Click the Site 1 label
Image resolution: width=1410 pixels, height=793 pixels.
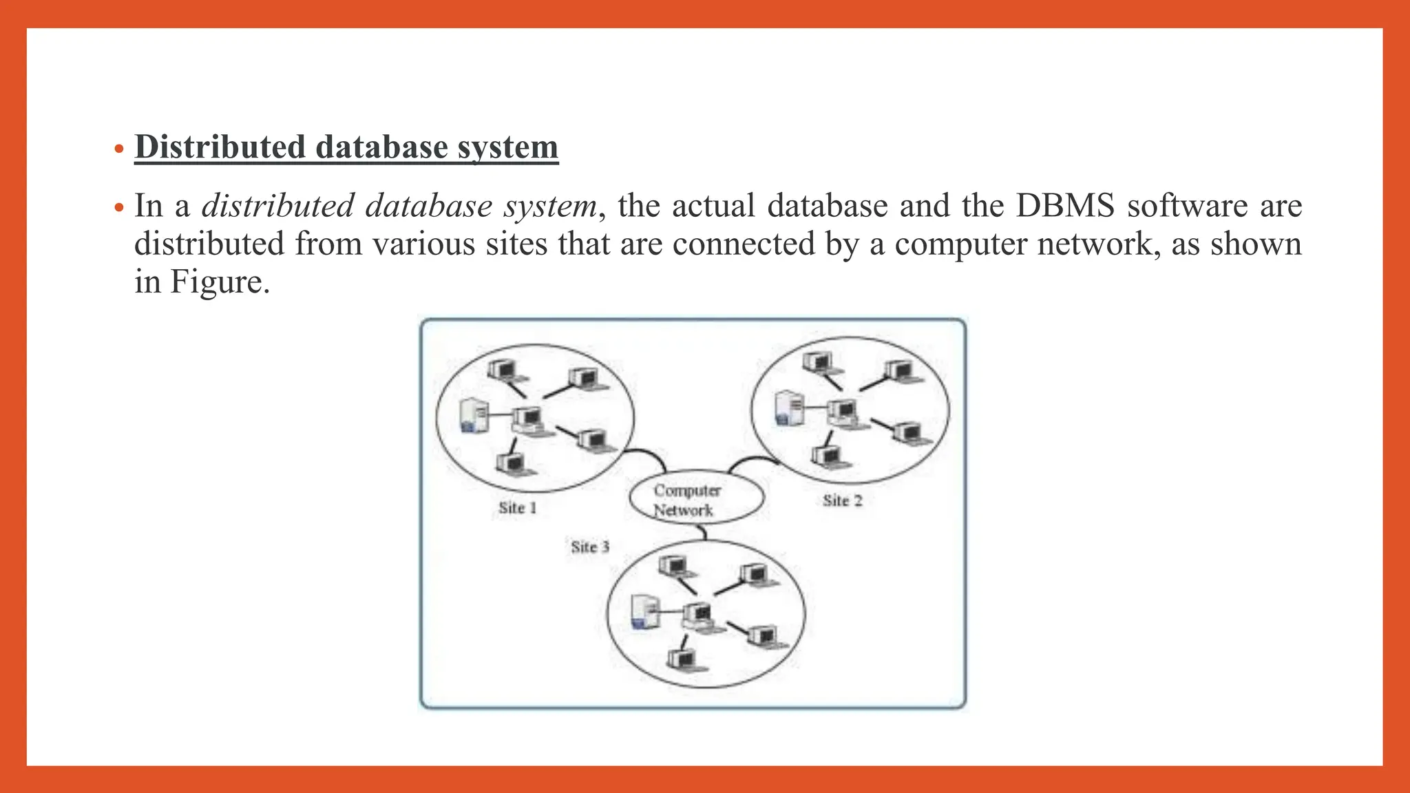click(517, 508)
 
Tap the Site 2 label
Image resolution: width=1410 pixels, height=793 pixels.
click(842, 500)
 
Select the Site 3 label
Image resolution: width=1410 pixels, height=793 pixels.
click(590, 547)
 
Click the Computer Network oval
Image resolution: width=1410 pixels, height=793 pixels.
click(696, 499)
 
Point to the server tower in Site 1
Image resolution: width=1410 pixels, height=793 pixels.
click(474, 415)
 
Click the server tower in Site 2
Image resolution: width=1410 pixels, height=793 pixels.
click(788, 408)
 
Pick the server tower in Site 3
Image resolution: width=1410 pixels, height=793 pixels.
click(644, 611)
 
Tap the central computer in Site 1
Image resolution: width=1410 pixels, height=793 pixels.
click(529, 419)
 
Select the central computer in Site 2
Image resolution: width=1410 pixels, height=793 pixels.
click(843, 412)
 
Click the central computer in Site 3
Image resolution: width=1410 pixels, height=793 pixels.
click(699, 615)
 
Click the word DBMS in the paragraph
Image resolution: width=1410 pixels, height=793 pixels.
click(1065, 206)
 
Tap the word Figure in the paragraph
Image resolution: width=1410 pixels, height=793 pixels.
click(216, 282)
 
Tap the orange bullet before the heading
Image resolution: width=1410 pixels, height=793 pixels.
click(119, 149)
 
